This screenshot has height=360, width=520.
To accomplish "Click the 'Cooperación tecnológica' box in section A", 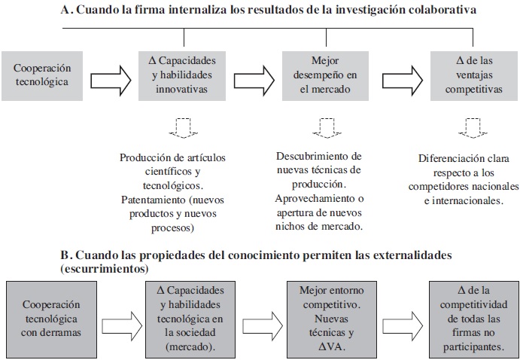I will (43, 75).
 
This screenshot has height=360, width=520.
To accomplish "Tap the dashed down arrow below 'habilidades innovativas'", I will (183, 127).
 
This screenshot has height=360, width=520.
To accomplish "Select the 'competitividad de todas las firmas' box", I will (470, 317).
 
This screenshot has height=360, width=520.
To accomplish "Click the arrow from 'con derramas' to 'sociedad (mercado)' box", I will (118, 317).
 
